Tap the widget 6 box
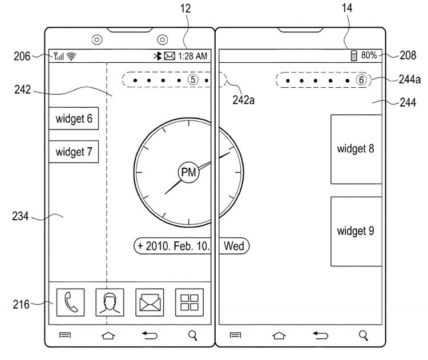[x=74, y=119]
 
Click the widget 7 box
[x=74, y=152]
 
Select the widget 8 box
[x=356, y=149]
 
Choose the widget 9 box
[x=356, y=231]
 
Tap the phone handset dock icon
[x=70, y=302]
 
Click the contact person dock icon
[x=110, y=302]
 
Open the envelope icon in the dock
[x=149, y=302]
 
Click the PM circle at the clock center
[x=188, y=171]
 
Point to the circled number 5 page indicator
[x=192, y=80]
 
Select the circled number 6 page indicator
[x=361, y=80]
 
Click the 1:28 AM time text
[x=193, y=56]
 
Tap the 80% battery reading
[x=369, y=55]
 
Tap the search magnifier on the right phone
[x=363, y=335]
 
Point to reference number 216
[x=22, y=304]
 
